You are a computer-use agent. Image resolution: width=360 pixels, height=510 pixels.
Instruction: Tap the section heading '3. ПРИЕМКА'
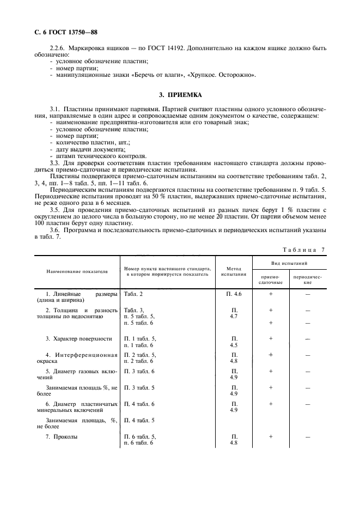pos(180,97)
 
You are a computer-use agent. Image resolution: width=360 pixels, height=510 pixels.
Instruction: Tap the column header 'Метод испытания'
pos(234,271)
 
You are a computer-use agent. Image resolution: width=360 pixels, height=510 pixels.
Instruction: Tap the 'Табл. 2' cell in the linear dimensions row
pos(134,294)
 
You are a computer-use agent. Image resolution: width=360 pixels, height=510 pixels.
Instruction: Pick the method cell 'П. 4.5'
pos(234,342)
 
